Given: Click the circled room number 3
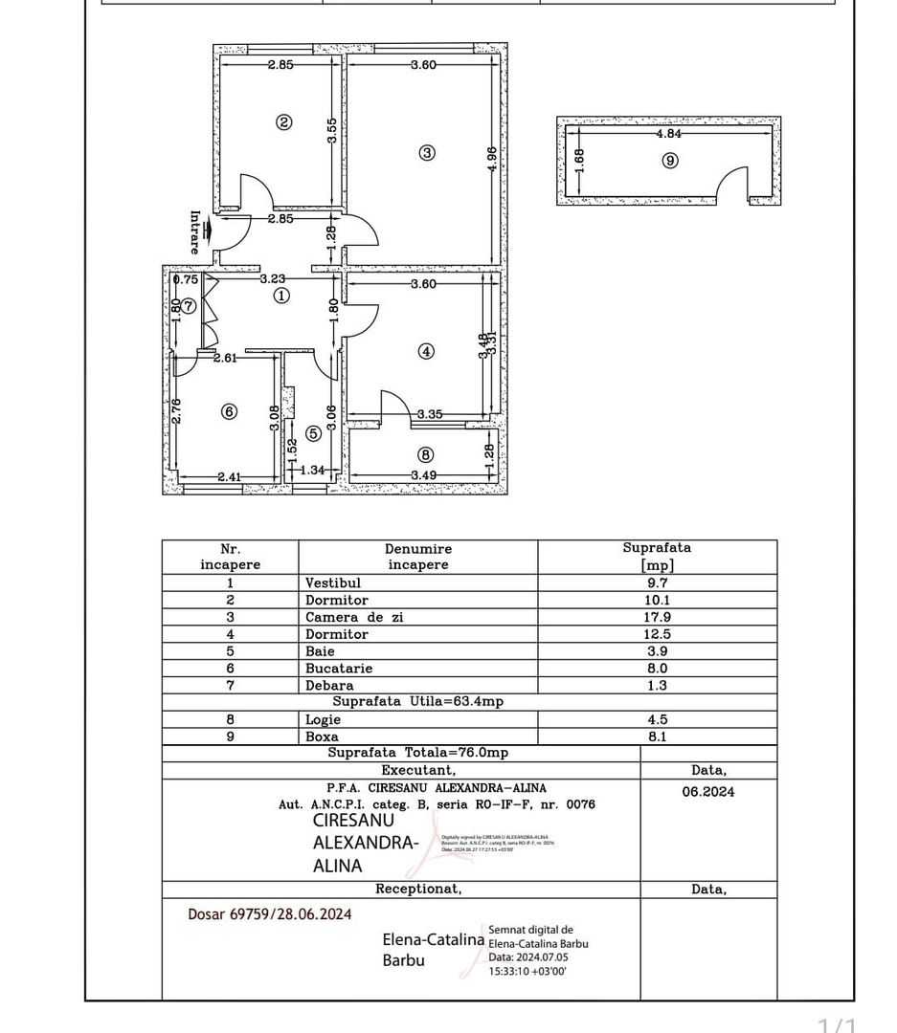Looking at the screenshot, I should pyautogui.click(x=427, y=152).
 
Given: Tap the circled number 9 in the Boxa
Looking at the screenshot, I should pyautogui.click(x=670, y=161).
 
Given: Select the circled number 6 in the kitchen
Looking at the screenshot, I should pyautogui.click(x=229, y=411).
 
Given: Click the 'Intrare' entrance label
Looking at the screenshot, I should pyautogui.click(x=195, y=231).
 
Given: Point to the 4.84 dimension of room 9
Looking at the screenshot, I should pyautogui.click(x=668, y=135).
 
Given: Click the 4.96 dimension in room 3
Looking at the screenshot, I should pyautogui.click(x=492, y=158).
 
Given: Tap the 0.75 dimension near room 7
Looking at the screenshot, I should pyautogui.click(x=186, y=280).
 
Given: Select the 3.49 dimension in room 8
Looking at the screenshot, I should pyautogui.click(x=425, y=475).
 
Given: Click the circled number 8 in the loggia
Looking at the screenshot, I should pyautogui.click(x=426, y=455).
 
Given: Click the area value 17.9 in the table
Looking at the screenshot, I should pyautogui.click(x=657, y=617).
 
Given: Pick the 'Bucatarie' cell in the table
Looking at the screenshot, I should pyautogui.click(x=339, y=669).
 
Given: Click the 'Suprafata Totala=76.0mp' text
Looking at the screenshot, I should pyautogui.click(x=417, y=753).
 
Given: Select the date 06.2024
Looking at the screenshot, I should pyautogui.click(x=707, y=791).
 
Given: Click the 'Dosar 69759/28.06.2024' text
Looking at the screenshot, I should pyautogui.click(x=270, y=914).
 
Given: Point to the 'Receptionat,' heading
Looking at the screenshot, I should pyautogui.click(x=418, y=889).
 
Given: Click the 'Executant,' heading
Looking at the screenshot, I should pyautogui.click(x=418, y=770).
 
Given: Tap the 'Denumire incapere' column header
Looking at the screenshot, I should pyautogui.click(x=418, y=557).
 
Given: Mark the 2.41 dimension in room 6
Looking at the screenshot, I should pyautogui.click(x=228, y=475).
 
